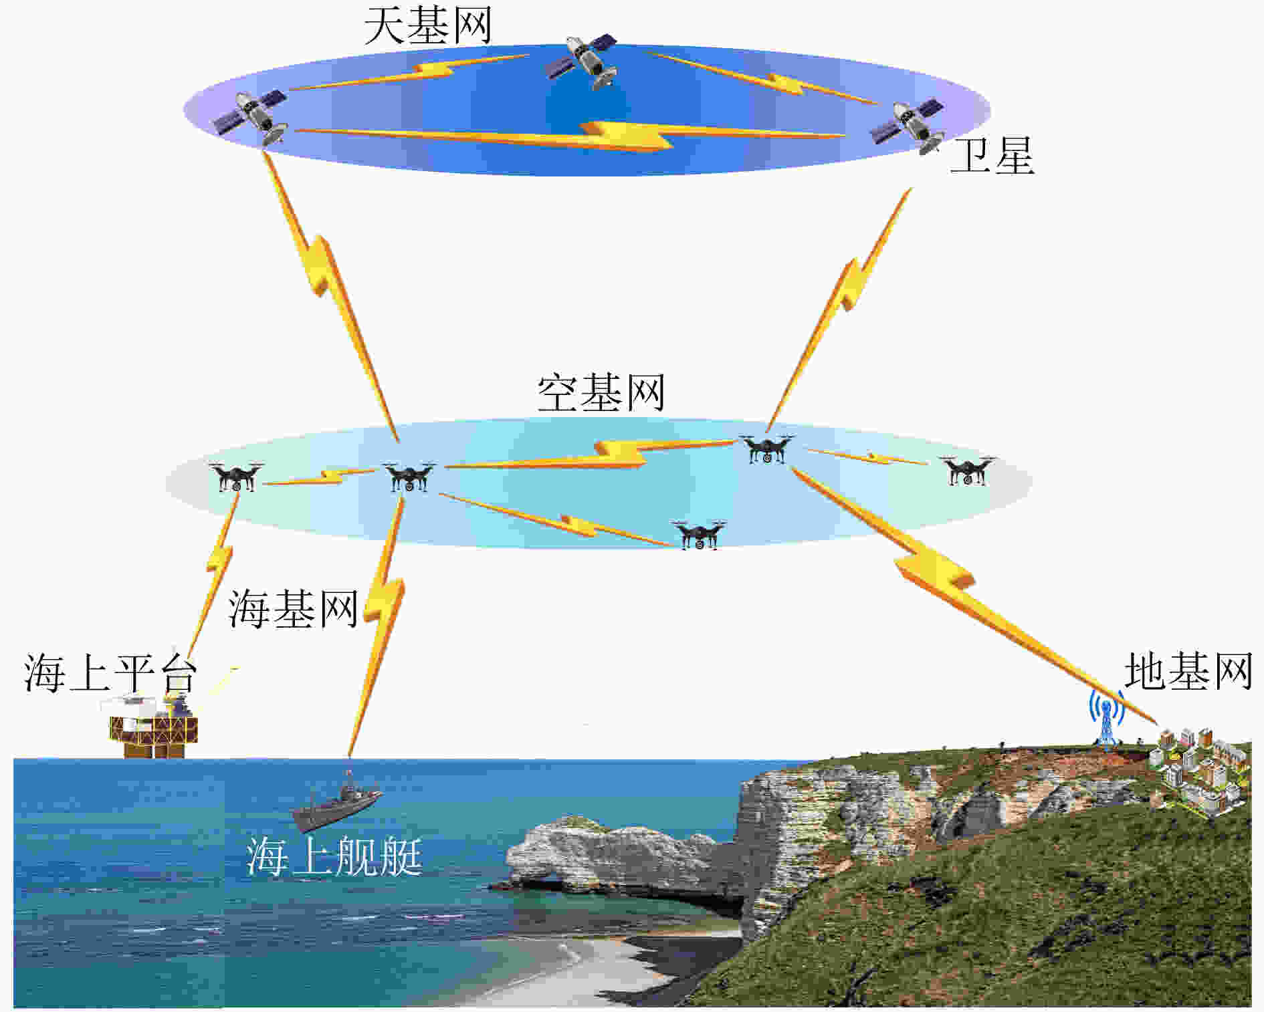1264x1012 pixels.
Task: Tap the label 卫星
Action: coord(992,156)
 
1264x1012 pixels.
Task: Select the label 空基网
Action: coord(601,393)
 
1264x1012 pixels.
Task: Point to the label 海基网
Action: coord(293,609)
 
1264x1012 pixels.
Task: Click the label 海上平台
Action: coord(110,672)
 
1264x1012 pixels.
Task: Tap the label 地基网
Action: coord(1188,671)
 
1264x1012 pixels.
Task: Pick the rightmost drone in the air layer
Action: coord(967,471)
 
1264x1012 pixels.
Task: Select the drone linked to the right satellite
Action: coord(767,449)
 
